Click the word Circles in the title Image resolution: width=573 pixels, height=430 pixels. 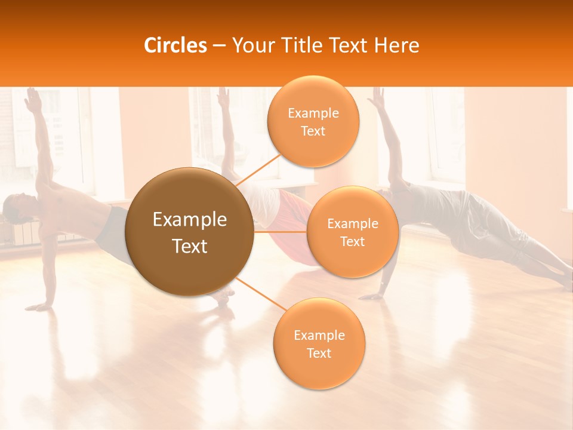(x=175, y=45)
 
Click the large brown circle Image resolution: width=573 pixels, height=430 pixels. (x=189, y=232)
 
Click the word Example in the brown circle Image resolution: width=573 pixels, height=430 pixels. (x=189, y=220)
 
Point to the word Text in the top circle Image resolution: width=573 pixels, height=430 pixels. (x=313, y=131)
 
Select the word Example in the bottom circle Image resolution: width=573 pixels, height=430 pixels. (x=319, y=336)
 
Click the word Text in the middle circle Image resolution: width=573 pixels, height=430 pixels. (x=352, y=242)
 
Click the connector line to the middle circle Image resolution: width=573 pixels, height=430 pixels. (x=281, y=231)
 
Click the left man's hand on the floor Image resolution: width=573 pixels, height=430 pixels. (x=41, y=306)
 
